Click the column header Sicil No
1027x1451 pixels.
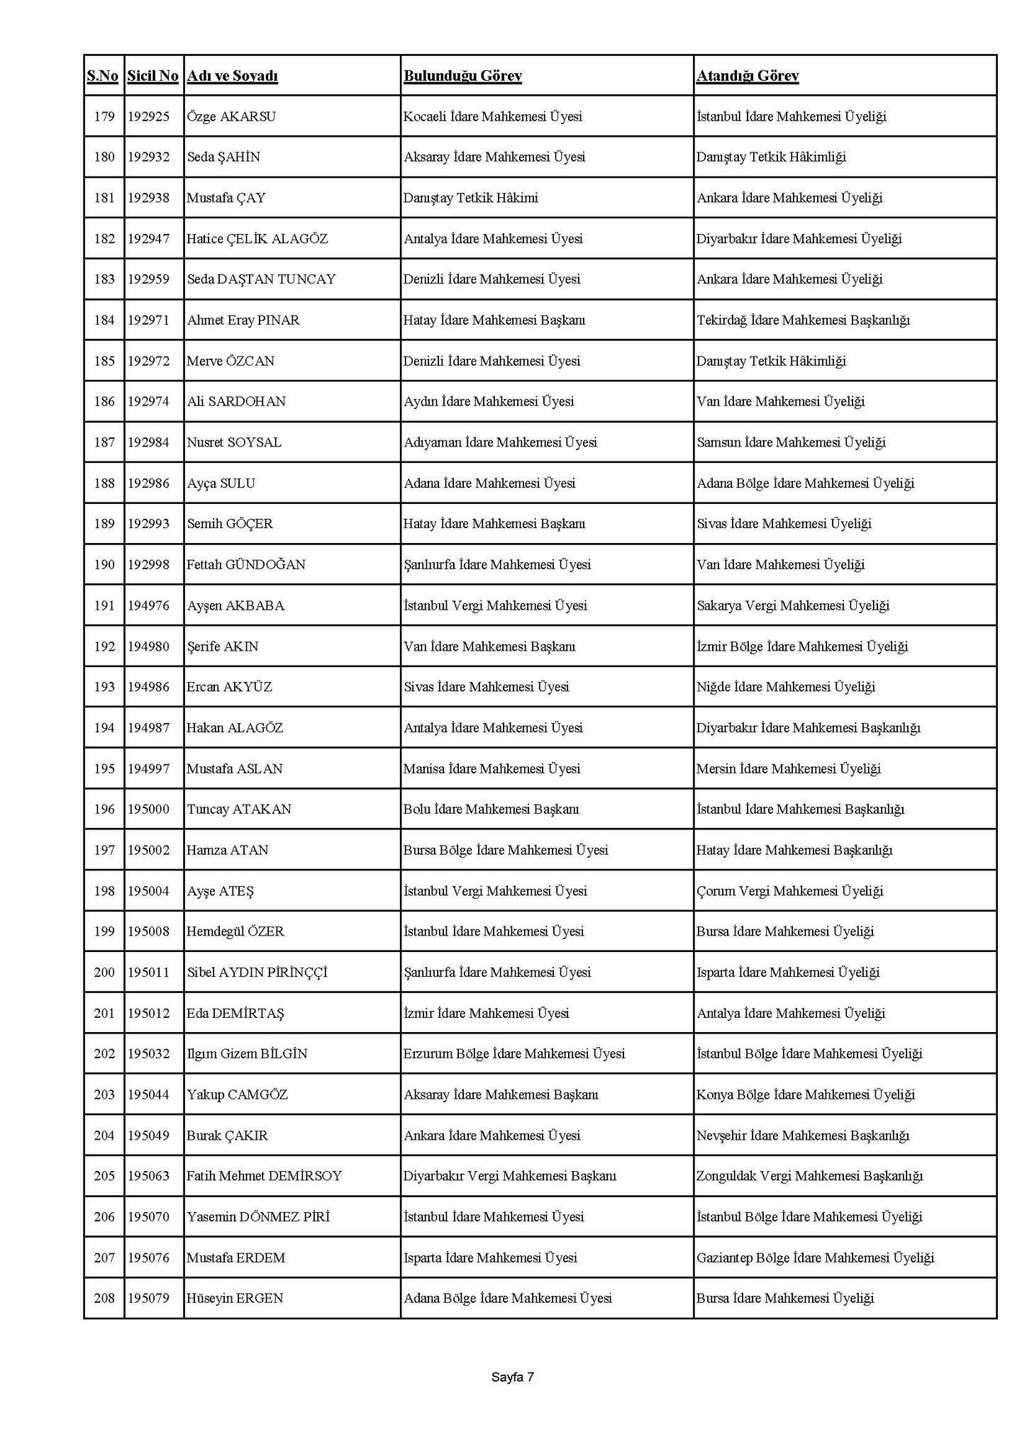152,76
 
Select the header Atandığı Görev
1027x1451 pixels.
747,76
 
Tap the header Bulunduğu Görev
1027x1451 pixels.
462,76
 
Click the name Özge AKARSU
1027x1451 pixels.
231,116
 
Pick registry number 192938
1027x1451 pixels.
149,198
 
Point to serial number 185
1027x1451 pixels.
104,361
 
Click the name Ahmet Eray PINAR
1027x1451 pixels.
243,320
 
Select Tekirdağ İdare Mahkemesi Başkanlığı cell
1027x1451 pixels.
803,320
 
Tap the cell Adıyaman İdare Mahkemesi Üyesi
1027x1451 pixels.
500,442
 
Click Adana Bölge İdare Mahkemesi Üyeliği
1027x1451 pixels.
805,483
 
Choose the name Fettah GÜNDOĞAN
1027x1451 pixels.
246,565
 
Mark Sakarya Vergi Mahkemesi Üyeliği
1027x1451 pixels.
793,605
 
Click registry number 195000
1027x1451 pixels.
149,809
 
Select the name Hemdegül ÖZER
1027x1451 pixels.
235,931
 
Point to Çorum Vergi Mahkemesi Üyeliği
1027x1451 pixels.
789,891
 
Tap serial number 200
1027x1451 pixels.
104,972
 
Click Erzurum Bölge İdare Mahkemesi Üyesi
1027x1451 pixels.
514,1053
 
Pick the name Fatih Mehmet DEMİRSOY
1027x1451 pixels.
264,1176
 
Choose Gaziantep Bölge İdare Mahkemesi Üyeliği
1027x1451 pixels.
815,1257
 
